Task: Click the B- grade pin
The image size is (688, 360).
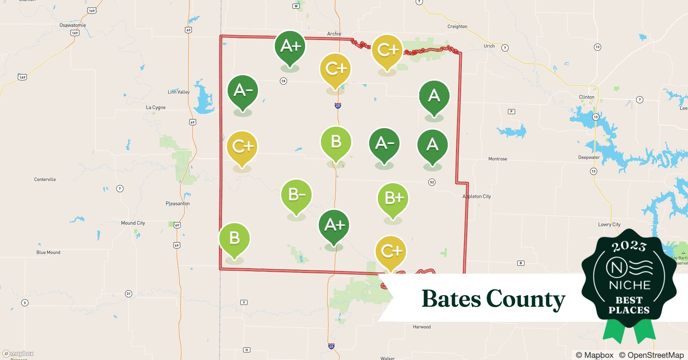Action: (296, 195)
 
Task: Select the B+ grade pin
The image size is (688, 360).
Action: (393, 198)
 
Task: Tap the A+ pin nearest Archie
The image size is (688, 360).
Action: (290, 46)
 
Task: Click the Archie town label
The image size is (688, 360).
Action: (334, 34)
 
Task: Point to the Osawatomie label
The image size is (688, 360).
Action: (73, 25)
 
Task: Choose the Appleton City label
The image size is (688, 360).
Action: (477, 196)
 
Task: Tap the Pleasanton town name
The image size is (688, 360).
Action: (178, 203)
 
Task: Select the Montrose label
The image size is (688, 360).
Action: (497, 159)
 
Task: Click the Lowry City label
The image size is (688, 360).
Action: (609, 224)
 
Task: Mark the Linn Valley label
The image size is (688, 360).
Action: (179, 92)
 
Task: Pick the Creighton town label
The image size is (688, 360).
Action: (457, 26)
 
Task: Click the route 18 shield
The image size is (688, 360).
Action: (283, 81)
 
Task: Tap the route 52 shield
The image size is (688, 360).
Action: (432, 182)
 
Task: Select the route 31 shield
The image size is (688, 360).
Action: (129, 294)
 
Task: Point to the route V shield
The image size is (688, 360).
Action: (244, 302)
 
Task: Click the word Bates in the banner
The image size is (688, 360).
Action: (451, 299)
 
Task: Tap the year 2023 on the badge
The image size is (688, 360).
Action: (629, 246)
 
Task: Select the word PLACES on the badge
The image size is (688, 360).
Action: (629, 310)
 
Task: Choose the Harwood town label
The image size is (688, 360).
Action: (421, 327)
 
